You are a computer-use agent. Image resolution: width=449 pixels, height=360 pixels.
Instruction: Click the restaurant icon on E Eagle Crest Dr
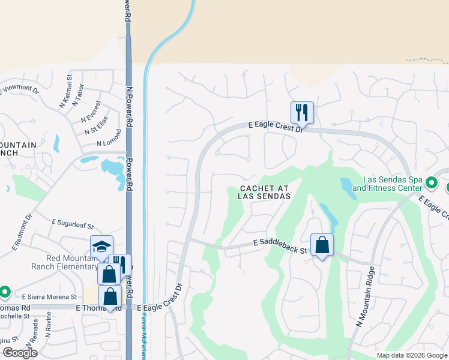302,112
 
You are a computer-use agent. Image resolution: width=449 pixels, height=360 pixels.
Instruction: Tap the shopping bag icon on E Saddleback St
322,244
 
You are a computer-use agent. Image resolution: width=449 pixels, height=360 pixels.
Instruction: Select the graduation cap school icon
101,247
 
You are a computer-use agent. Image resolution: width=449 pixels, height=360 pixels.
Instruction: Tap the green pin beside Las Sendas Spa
431,182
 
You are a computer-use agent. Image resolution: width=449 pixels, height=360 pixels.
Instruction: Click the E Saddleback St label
280,243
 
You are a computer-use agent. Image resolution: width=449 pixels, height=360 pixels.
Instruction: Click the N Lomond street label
109,144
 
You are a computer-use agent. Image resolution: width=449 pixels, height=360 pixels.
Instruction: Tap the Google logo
20,352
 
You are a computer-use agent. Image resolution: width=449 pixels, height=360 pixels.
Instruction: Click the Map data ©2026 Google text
411,355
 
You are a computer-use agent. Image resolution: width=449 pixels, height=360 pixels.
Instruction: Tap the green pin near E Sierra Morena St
5,292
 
